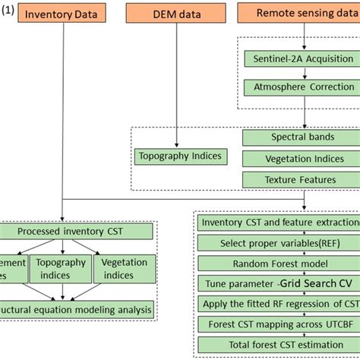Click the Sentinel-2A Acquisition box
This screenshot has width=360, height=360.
point(302,58)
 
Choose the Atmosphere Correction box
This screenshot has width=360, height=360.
point(302,87)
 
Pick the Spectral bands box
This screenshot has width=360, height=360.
point(300,137)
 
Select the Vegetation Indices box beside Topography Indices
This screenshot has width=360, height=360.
point(300,159)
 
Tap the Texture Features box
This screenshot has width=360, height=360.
point(300,180)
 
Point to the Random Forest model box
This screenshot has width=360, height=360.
point(278,264)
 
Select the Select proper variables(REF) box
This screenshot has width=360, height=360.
point(278,243)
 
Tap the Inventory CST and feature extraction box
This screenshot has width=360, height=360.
point(278,223)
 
